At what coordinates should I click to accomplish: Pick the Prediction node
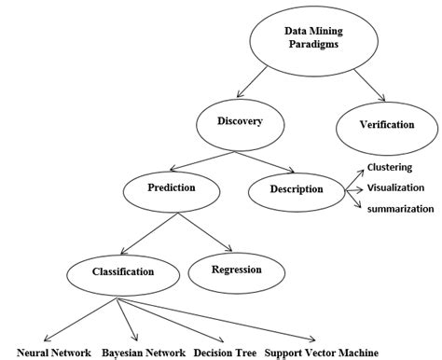point(171,189)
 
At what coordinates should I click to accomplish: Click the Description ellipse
point(297,190)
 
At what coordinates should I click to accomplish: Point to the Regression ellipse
point(236,271)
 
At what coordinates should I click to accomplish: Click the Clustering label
point(390,168)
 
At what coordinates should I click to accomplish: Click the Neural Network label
point(54,353)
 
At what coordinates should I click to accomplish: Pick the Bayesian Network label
point(145,353)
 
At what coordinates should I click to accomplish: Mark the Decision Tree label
point(225,353)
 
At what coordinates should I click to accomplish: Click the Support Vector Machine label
point(321,353)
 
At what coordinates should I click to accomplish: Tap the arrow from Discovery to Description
point(272,159)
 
